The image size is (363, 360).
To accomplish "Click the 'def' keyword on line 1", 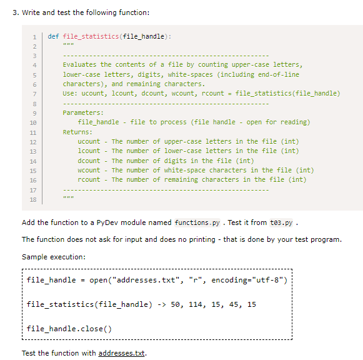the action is (53, 37).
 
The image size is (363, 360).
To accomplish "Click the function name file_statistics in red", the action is (91, 37).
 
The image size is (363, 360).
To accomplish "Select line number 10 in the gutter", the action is (33, 122).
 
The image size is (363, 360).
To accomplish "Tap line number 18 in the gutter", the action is (33, 199).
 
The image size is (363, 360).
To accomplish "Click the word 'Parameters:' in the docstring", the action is (83, 112).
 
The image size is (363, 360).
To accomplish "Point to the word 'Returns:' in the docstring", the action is (77, 132).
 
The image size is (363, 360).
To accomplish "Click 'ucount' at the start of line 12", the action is (89, 141).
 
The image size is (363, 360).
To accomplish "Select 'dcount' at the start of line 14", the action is (89, 161).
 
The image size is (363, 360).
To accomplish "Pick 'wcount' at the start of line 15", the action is (89, 170).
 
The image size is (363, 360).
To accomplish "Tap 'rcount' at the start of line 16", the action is (89, 179).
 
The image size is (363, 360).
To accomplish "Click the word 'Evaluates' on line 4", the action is (79, 64).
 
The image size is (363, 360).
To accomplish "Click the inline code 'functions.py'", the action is (197, 222).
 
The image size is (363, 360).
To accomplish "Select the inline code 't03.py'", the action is (281, 222).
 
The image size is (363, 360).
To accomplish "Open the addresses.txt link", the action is (122, 353).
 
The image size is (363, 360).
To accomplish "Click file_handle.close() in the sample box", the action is (69, 329).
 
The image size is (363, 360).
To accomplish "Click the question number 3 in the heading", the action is (16, 12).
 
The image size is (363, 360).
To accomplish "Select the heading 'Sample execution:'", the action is (54, 257).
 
